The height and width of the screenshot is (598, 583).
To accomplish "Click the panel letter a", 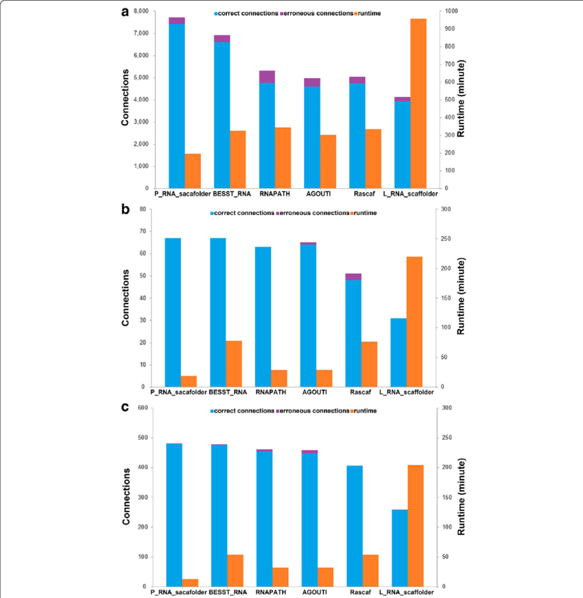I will pos(126,12).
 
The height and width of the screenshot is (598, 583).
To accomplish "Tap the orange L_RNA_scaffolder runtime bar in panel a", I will pos(418,103).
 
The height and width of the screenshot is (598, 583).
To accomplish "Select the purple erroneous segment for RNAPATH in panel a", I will pos(267,76).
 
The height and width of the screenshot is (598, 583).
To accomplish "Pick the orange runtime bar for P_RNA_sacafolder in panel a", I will pos(193,171).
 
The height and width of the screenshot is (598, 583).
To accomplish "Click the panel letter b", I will pos(126,209).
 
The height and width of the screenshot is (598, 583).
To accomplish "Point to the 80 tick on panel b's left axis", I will pos(143,209).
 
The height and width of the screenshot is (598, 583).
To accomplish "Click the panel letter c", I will pos(125,407).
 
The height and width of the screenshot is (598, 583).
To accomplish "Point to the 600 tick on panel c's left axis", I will pos(141,408).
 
